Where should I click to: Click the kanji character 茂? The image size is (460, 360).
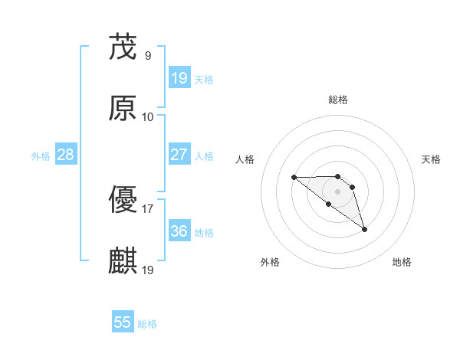tap(123, 48)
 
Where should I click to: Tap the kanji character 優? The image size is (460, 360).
tap(123, 200)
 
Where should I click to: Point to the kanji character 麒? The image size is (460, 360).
tap(123, 260)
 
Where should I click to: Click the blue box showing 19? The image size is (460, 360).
tap(179, 78)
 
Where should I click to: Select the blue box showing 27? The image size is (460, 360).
tap(179, 155)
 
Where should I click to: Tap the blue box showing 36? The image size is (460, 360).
tap(179, 231)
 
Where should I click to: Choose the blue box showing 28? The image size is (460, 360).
tap(66, 155)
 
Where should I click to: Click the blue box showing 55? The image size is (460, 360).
tap(123, 322)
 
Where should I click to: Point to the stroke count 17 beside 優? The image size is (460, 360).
tap(147, 208)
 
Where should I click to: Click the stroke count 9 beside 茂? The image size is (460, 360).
tap(147, 56)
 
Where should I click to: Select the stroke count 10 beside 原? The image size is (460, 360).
tap(147, 116)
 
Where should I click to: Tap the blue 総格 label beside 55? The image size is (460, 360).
tap(147, 324)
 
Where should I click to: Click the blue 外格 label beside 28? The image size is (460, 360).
tap(41, 156)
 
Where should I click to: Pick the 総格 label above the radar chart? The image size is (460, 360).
tap(338, 100)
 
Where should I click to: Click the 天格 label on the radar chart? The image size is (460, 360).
tap(432, 159)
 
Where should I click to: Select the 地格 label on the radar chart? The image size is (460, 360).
tap(402, 262)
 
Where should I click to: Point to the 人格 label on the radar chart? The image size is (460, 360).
tap(245, 159)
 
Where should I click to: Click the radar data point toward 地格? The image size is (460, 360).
tap(364, 229)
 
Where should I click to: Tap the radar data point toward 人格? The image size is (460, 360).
tap(294, 178)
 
